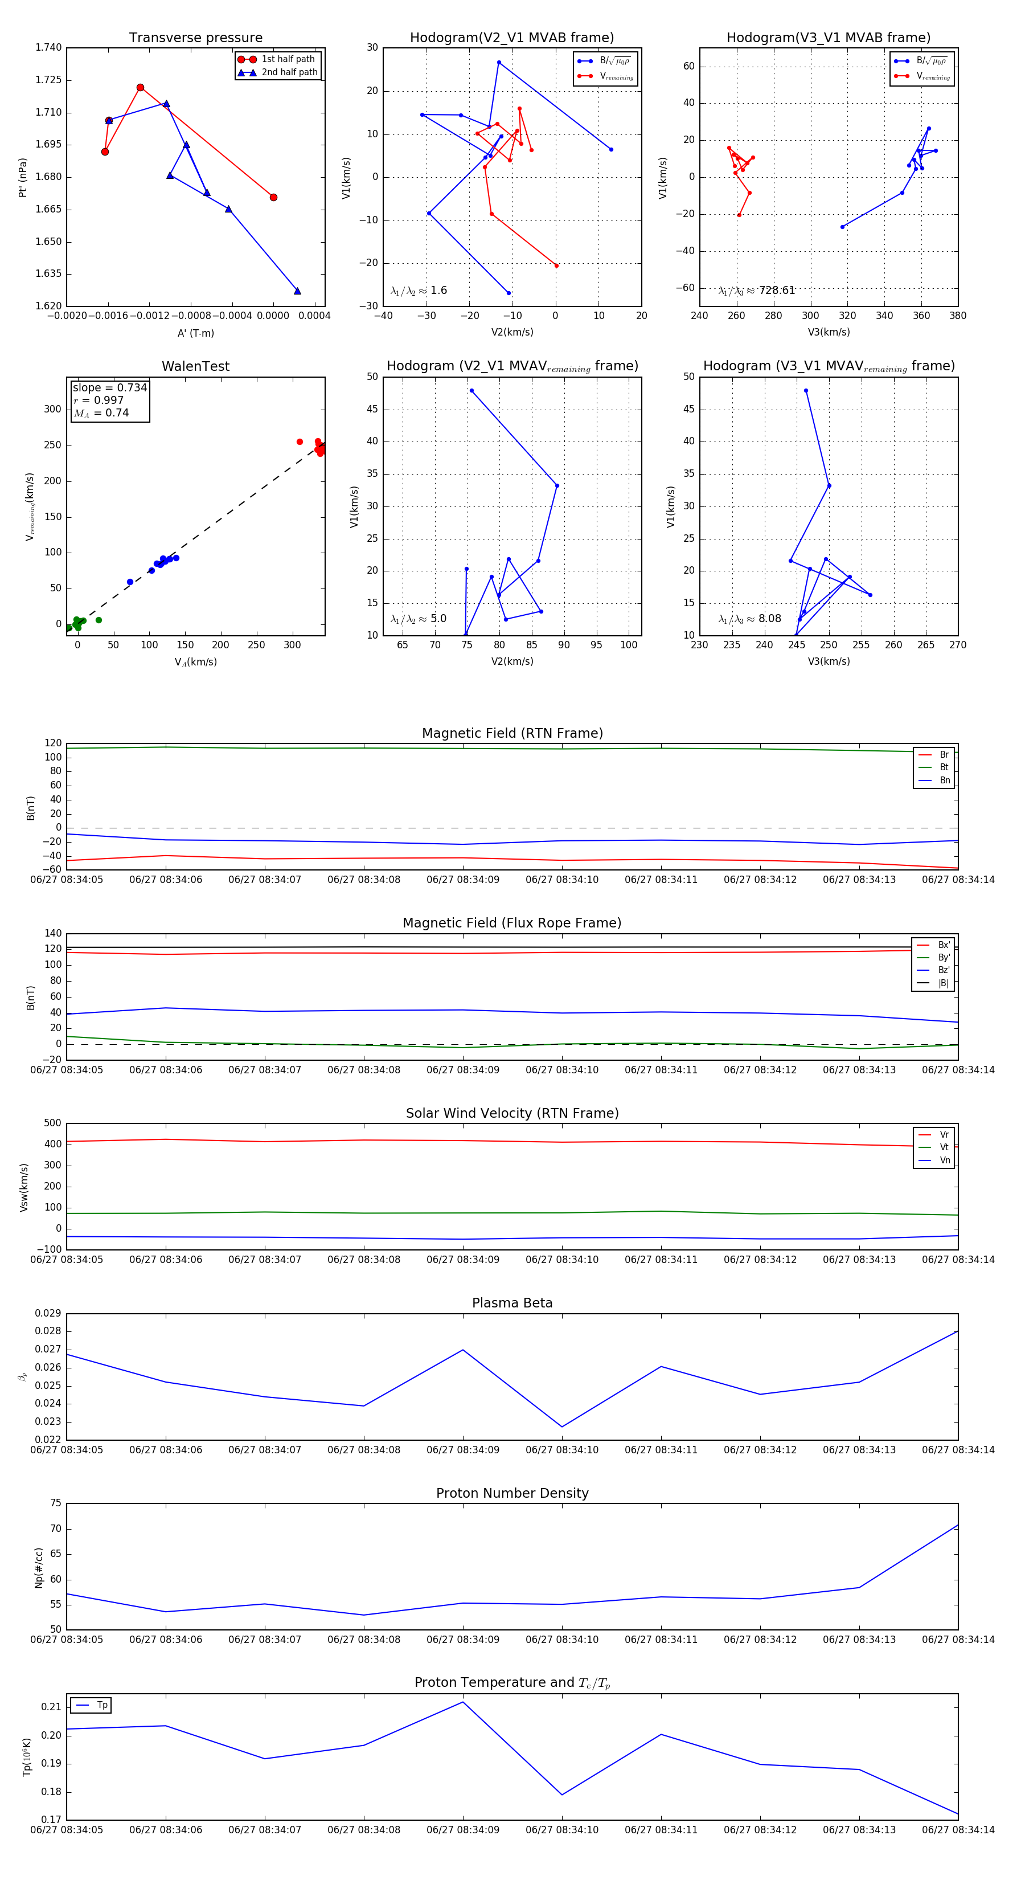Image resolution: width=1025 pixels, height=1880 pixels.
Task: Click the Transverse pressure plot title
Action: pyautogui.click(x=195, y=38)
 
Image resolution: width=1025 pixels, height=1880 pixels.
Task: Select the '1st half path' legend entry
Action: pyautogui.click(x=288, y=59)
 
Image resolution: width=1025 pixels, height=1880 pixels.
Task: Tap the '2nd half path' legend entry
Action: pyautogui.click(x=289, y=72)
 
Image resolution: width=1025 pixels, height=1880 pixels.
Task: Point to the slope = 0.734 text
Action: pyautogui.click(x=109, y=387)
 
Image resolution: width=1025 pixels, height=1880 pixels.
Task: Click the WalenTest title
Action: pyautogui.click(x=195, y=366)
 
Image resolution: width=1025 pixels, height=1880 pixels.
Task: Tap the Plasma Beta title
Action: pyautogui.click(x=512, y=1303)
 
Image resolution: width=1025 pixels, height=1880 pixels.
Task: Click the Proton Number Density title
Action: pyautogui.click(x=512, y=1493)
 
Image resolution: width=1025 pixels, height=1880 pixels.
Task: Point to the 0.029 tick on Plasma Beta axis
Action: pyautogui.click(x=48, y=1313)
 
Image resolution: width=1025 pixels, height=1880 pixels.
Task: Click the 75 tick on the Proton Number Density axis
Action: pyautogui.click(x=55, y=1503)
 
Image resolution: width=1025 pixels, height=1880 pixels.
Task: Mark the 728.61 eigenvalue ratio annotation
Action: pyautogui.click(x=776, y=291)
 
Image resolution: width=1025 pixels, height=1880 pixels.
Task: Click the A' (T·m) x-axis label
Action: pyautogui.click(x=195, y=333)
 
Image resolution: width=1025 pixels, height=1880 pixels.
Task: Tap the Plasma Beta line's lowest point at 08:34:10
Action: pyautogui.click(x=561, y=1427)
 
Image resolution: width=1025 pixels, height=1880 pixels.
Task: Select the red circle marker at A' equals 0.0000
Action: pyautogui.click(x=273, y=197)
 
